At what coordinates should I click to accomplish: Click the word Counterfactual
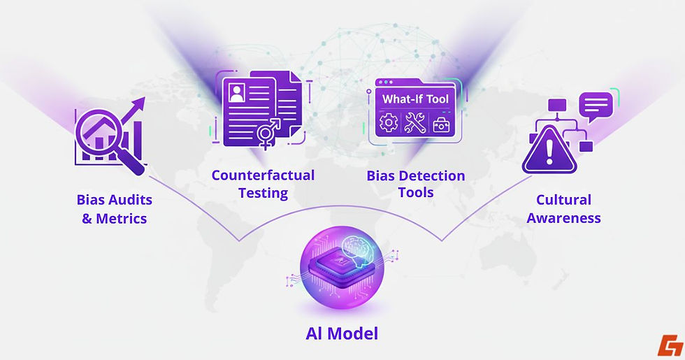pos(263,175)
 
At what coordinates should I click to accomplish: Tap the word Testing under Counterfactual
pos(263,192)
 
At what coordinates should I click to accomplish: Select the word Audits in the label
pos(130,200)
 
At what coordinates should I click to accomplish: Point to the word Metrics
pos(122,218)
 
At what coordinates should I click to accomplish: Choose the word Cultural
pos(563,200)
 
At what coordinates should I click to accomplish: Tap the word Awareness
pos(563,218)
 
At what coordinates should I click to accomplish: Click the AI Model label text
pos(342,333)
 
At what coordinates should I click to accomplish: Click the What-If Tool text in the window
pos(415,99)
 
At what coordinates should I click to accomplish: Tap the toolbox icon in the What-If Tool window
pos(442,125)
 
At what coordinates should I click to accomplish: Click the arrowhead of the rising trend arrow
pos(140,104)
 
